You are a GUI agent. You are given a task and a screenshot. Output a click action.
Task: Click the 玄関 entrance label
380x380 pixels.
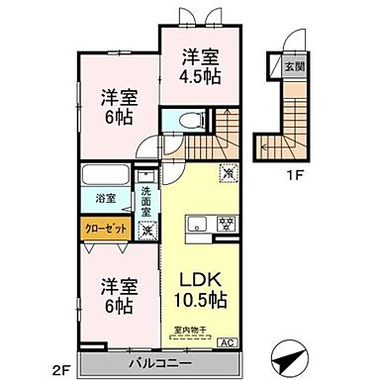[x=295, y=67]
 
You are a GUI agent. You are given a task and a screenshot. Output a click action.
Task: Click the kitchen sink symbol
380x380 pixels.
[x=194, y=222]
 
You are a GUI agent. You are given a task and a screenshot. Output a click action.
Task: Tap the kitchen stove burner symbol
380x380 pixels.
[x=225, y=221]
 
